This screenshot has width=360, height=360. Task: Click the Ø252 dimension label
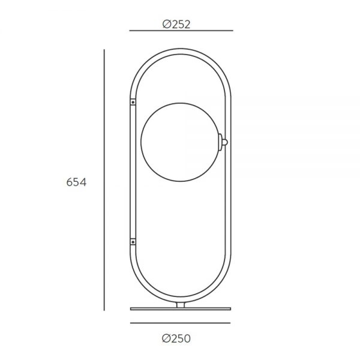[176, 25]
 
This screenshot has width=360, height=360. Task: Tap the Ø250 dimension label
[176, 338]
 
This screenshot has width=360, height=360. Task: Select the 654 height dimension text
[76, 182]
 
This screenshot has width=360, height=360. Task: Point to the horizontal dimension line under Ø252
[181, 31]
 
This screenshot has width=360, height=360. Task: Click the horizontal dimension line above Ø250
[180, 323]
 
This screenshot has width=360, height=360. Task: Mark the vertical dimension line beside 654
[104, 180]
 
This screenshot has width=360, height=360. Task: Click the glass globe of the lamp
[181, 142]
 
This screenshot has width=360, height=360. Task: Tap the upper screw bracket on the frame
[133, 102]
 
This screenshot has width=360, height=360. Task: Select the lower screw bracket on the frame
[133, 242]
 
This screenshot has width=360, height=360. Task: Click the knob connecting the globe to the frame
[225, 142]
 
